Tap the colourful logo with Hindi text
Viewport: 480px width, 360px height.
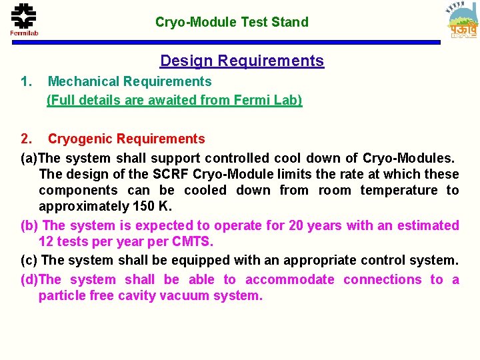[x=463, y=22]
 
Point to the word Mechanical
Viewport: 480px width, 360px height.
[x=83, y=81]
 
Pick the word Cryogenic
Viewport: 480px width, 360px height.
[x=79, y=139]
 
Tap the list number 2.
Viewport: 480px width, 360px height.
[x=26, y=139]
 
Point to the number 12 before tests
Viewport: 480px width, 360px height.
[x=46, y=241]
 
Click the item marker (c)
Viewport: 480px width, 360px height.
[x=29, y=259]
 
